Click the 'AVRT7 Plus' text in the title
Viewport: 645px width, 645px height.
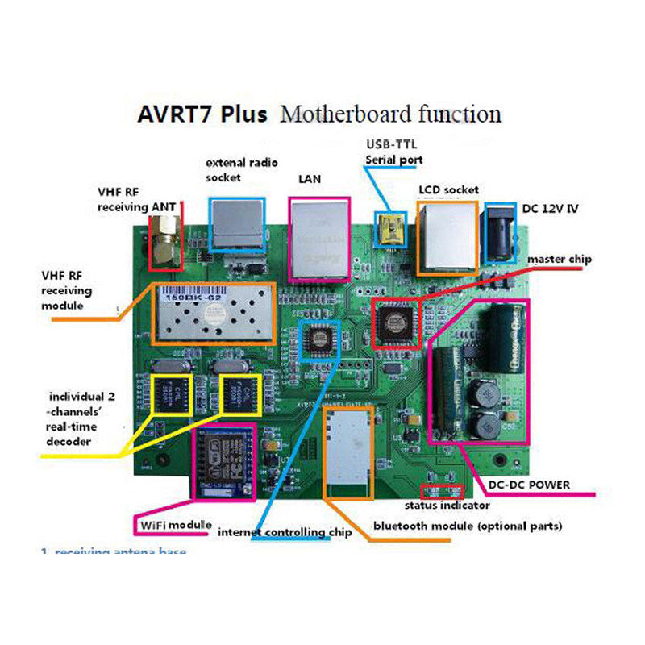[202, 114]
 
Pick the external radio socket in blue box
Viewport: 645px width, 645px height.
[237, 224]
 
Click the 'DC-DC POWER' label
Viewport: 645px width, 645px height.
[528, 485]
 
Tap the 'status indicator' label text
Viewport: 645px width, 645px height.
[447, 506]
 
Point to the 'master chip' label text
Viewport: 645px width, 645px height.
[560, 260]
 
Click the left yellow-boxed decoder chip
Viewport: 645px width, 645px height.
[172, 393]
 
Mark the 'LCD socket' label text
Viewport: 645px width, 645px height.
[448, 190]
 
